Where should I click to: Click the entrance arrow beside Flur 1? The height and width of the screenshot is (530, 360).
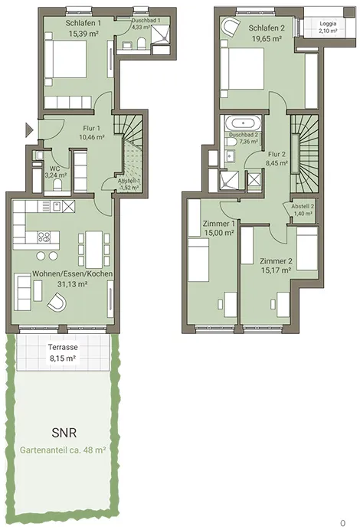pos(29,129)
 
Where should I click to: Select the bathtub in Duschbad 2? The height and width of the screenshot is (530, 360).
pos(244,123)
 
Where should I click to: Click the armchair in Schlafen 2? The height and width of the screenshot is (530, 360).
pos(231,28)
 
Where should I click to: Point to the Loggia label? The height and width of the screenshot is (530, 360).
pos(329,24)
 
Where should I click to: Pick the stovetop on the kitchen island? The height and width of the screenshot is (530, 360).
pos(44,237)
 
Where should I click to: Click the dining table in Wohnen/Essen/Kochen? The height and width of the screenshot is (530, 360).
pos(94,249)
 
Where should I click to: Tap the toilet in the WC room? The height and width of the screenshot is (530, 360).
pos(57,185)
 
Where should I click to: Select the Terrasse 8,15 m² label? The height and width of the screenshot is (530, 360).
pos(63,352)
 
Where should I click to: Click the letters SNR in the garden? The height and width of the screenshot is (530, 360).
pos(64,433)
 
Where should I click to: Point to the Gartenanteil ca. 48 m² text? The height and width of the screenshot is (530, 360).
pos(63,450)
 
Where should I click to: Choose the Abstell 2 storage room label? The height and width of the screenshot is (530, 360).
pos(303,206)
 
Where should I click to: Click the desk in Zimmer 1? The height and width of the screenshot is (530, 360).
pos(231,305)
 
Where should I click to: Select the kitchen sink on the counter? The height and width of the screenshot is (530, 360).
pos(55,205)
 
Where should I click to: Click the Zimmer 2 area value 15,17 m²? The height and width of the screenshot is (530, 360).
pos(277,270)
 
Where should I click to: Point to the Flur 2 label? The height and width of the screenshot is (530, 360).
pos(277,154)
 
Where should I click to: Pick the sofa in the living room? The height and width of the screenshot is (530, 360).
pos(23,293)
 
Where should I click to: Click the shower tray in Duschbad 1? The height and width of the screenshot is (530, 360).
pos(161,34)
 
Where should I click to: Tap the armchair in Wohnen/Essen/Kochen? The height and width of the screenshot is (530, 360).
pos(57,302)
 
